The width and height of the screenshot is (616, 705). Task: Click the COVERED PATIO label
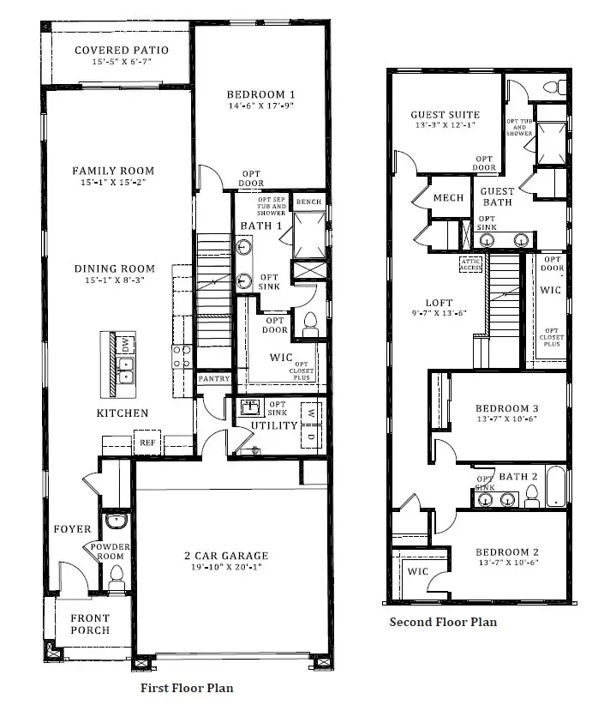tap(121, 51)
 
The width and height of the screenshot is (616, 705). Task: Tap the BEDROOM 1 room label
tap(261, 94)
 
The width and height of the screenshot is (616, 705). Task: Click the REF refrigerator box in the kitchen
tap(147, 444)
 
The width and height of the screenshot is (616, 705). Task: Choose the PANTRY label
tap(212, 378)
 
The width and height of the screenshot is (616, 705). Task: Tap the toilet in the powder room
tap(117, 575)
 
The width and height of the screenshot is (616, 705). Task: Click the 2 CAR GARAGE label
tap(227, 556)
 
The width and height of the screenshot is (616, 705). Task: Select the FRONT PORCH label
tap(90, 624)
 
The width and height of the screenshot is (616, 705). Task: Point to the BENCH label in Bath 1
tap(308, 202)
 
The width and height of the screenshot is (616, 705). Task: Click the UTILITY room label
tap(274, 425)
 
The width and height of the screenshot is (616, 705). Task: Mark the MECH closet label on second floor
tap(448, 198)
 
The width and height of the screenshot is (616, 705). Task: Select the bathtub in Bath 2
tap(556, 486)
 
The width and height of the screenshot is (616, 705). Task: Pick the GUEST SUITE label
tap(445, 115)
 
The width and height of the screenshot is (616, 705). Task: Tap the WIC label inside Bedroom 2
tap(418, 571)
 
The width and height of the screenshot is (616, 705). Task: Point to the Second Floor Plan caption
tap(443, 622)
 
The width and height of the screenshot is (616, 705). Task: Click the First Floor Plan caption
tap(187, 688)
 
